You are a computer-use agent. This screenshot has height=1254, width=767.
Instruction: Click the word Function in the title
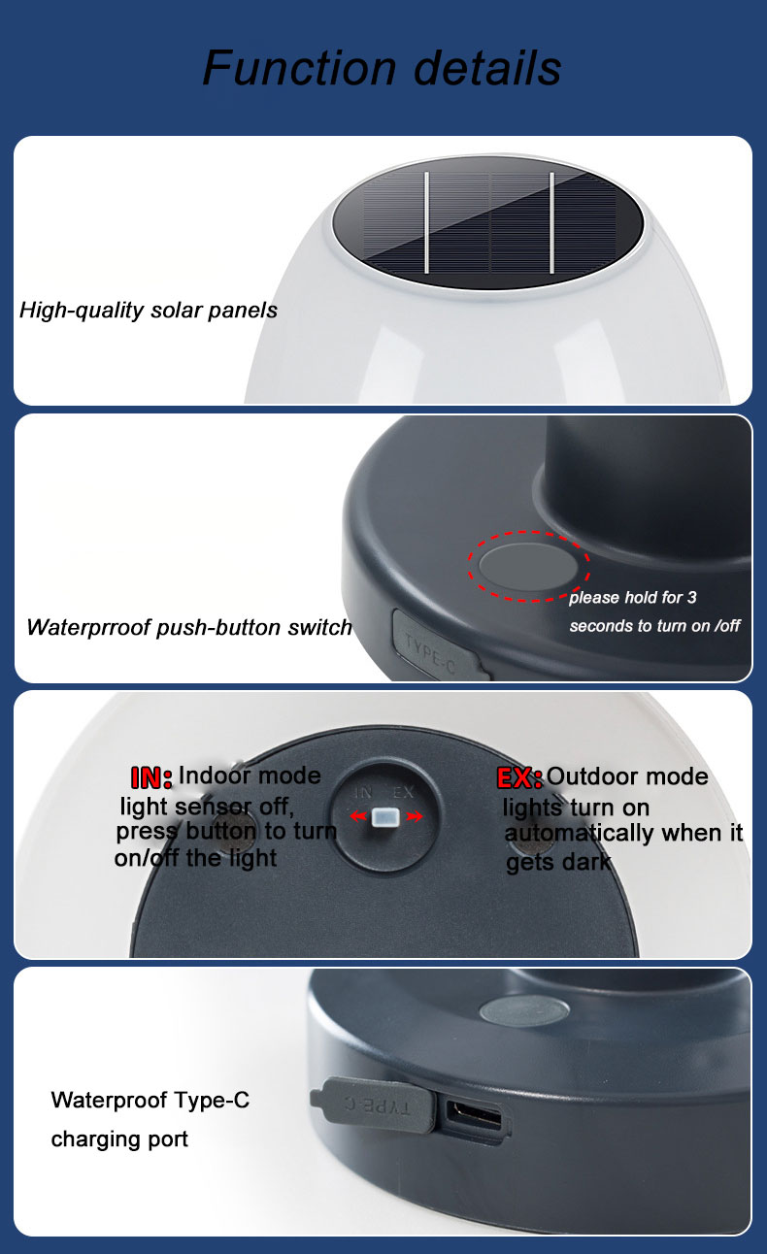[300, 68]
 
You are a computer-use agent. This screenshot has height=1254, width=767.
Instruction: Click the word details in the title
[487, 68]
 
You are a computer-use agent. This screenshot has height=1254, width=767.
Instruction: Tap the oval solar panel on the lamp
[488, 223]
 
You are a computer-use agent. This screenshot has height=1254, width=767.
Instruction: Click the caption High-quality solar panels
[149, 311]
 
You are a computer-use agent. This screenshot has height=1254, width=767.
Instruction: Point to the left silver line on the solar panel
[426, 223]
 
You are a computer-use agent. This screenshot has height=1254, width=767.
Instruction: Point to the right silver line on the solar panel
[552, 223]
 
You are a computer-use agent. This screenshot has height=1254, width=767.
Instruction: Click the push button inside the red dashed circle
[529, 566]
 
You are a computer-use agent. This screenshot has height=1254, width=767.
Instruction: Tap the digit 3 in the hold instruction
[692, 597]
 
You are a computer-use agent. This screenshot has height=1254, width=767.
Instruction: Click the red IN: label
[151, 777]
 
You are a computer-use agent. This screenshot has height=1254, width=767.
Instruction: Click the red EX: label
[519, 778]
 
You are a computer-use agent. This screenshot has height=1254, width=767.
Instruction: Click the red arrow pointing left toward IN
[358, 817]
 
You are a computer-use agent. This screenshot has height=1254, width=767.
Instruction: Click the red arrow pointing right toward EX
[415, 817]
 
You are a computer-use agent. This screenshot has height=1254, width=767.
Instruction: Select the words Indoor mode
[250, 775]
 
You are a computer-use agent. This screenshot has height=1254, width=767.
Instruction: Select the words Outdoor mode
[627, 776]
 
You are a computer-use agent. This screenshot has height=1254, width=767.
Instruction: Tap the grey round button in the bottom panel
[524, 1010]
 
